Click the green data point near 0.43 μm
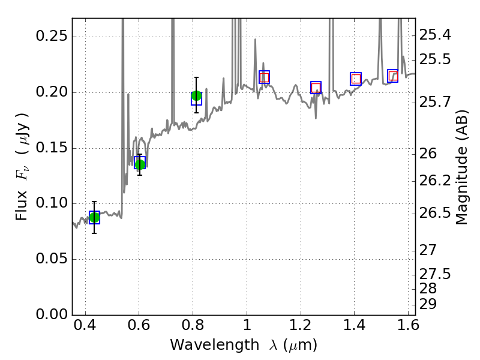(94, 217)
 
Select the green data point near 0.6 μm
(140, 164)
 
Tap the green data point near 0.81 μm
(196, 96)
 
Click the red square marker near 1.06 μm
(264, 77)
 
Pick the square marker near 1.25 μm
(316, 88)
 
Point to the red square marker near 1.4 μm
(356, 79)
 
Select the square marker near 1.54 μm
(393, 76)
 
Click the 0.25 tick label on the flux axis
(51, 37)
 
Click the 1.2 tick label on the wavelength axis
(300, 328)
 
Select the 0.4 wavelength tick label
(85, 328)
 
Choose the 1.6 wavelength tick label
(408, 328)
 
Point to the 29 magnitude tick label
(430, 304)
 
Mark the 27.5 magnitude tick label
(436, 274)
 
